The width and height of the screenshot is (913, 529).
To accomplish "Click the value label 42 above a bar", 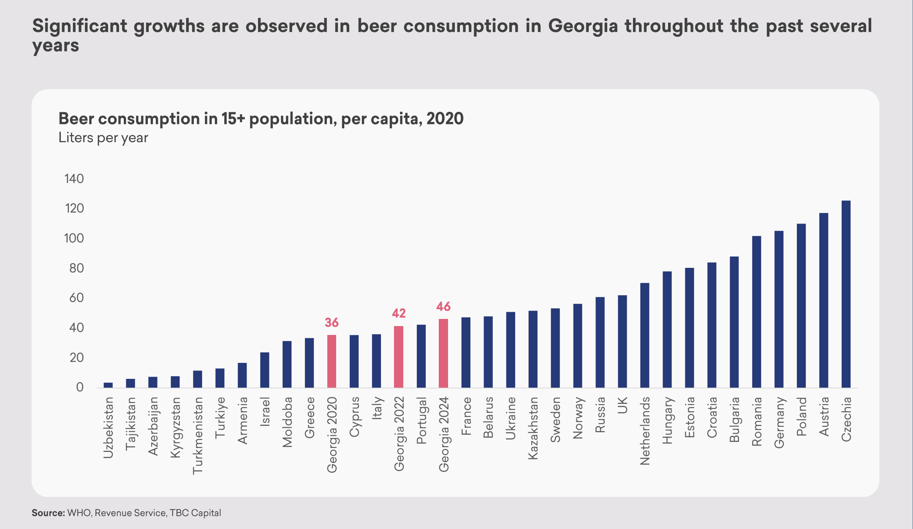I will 399,313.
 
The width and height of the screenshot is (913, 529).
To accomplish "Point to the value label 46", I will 443,307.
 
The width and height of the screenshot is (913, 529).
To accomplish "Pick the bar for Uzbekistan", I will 108,385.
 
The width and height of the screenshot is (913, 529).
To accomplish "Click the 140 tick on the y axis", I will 74,179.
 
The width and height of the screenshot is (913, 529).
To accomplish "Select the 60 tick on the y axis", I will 76,298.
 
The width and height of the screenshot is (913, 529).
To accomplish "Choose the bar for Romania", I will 756,312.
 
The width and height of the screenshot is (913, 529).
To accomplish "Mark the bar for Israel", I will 265,370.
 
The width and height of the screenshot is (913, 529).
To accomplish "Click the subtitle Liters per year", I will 103,138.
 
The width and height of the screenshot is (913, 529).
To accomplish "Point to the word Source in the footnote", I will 48,513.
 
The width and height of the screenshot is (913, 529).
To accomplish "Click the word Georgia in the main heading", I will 583,26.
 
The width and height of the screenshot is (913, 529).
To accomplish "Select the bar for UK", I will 622,341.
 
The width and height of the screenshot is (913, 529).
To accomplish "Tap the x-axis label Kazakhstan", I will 533,428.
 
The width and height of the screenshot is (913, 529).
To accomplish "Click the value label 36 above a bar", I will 332,323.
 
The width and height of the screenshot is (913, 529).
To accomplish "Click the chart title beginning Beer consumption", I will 261,119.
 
